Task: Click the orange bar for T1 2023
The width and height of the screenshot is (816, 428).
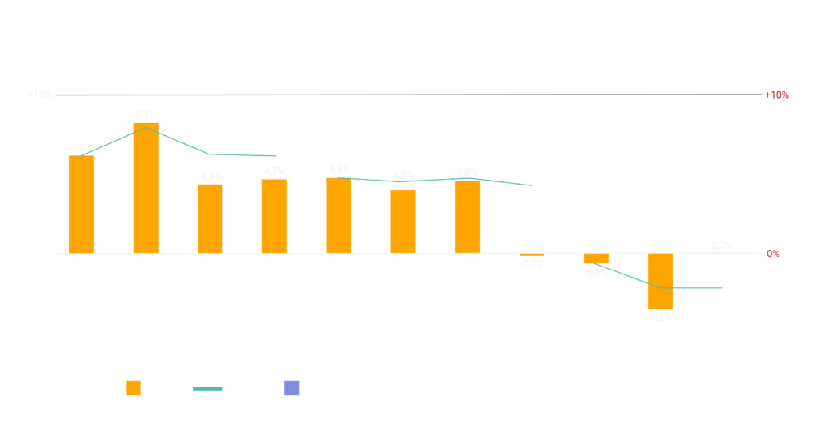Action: point(81,204)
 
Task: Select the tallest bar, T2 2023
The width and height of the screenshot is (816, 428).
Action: point(146,188)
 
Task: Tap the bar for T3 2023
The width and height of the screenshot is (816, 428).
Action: point(210,219)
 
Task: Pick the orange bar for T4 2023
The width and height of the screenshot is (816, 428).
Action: point(274,216)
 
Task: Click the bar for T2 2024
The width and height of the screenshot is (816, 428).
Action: point(403,221)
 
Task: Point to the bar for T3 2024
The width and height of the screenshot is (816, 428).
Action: point(467,216)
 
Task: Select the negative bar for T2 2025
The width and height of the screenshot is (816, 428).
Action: point(660,282)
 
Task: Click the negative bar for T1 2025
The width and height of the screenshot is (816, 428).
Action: point(596,259)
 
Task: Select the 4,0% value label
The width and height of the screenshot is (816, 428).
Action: point(403,175)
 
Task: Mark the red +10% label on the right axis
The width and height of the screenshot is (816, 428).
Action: point(776,95)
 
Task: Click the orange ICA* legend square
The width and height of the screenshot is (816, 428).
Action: point(134,388)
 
